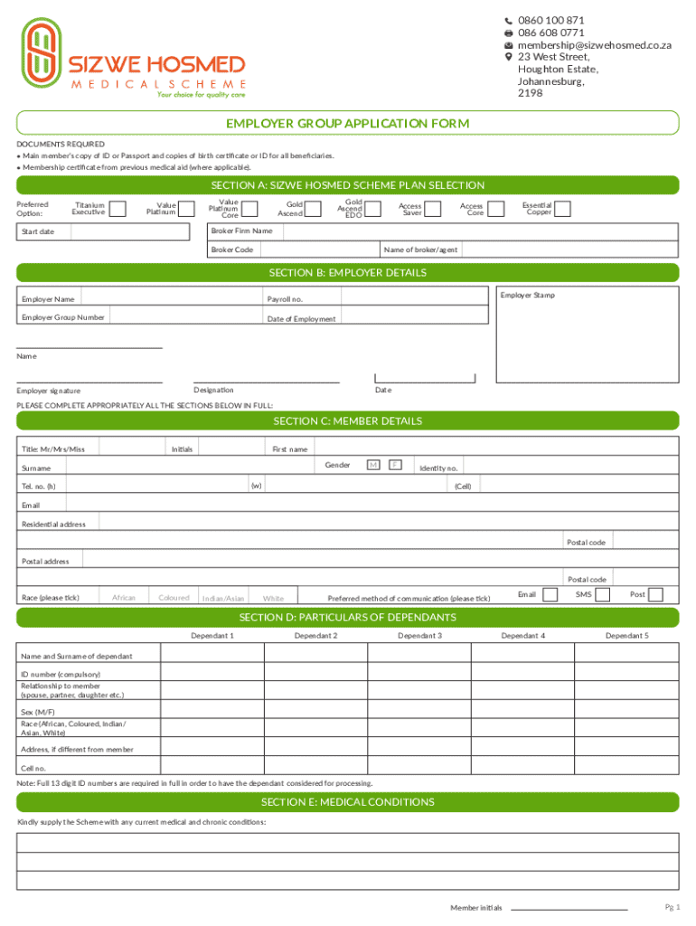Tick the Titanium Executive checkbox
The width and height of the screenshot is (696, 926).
click(118, 209)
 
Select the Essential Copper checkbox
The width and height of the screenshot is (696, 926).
click(562, 209)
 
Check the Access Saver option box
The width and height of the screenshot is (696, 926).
click(433, 209)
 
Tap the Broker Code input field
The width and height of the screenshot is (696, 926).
click(317, 250)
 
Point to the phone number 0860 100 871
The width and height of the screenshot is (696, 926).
click(550, 20)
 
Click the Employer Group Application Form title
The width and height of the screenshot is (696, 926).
click(347, 123)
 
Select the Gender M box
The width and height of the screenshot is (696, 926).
click(372, 465)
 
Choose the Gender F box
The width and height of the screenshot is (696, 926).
click(395, 465)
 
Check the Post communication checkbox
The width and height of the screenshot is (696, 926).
click(656, 594)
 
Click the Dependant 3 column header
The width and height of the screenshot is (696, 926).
click(419, 636)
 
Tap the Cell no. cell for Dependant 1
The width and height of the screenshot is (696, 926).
click(212, 768)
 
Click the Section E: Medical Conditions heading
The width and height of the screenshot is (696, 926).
click(347, 802)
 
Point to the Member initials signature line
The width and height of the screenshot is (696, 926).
click(569, 907)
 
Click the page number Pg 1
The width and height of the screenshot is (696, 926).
click(672, 907)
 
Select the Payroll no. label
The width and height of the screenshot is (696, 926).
click(285, 299)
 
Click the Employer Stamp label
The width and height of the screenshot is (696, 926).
click(528, 296)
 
